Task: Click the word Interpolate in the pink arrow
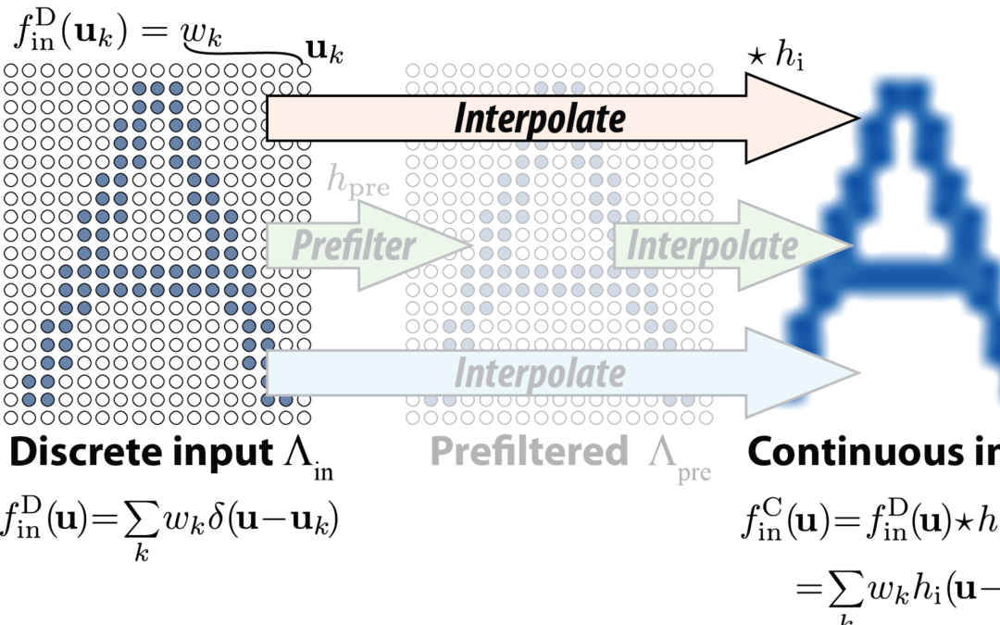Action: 540,119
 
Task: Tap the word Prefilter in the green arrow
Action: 354,245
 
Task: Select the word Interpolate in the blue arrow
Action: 539,372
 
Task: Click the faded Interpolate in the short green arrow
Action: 710,245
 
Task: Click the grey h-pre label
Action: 357,183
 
